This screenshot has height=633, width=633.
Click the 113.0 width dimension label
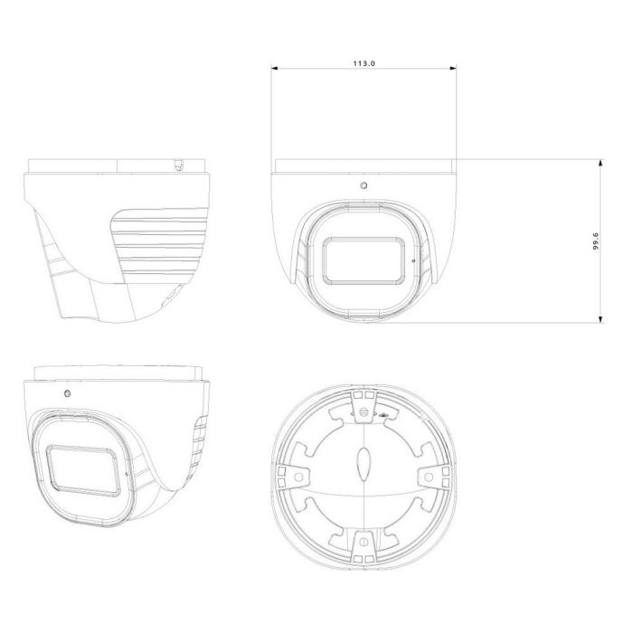pyautogui.click(x=364, y=63)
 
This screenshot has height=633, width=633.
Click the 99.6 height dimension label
pyautogui.click(x=596, y=241)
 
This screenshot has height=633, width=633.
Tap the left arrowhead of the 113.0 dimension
pyautogui.click(x=275, y=68)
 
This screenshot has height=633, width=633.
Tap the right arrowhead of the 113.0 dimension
pyautogui.click(x=453, y=68)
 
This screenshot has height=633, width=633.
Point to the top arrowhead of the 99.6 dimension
pyautogui.click(x=600, y=163)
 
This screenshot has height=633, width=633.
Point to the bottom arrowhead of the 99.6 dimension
pyautogui.click(x=600, y=319)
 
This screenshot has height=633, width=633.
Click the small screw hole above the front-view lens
pyautogui.click(x=364, y=185)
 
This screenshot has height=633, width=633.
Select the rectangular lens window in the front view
pyautogui.click(x=364, y=260)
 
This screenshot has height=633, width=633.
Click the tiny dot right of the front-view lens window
pyautogui.click(x=413, y=260)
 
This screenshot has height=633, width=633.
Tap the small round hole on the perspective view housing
pyautogui.click(x=68, y=393)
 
